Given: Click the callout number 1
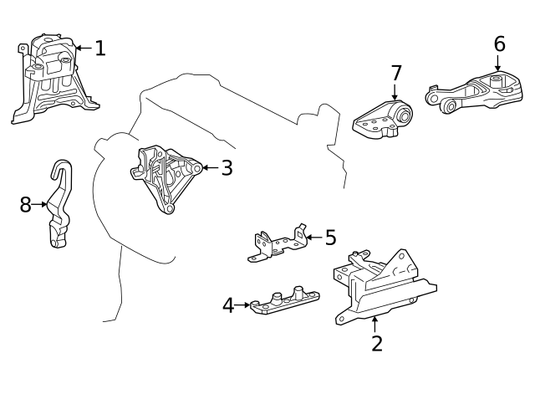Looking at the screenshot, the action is click(100, 49).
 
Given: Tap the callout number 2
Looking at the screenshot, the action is click(377, 344).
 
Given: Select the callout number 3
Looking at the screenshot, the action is click(227, 167).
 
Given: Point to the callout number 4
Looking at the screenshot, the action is click(228, 305).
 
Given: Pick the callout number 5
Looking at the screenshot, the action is click(331, 238).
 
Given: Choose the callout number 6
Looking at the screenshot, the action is click(500, 44).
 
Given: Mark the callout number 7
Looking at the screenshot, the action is click(396, 73).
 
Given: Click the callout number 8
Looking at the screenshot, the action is click(26, 205).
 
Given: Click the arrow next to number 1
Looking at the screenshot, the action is click(84, 49).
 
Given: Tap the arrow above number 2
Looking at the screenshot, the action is click(375, 325).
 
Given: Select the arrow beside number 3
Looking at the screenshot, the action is click(211, 167).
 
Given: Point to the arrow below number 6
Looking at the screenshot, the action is click(498, 63).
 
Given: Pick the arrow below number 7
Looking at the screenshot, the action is click(395, 91).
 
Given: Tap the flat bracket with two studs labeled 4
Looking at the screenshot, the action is click(285, 299).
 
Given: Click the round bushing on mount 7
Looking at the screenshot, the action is click(404, 115).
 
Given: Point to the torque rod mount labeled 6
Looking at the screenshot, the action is click(474, 92).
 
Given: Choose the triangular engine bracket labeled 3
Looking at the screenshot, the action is click(166, 179).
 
